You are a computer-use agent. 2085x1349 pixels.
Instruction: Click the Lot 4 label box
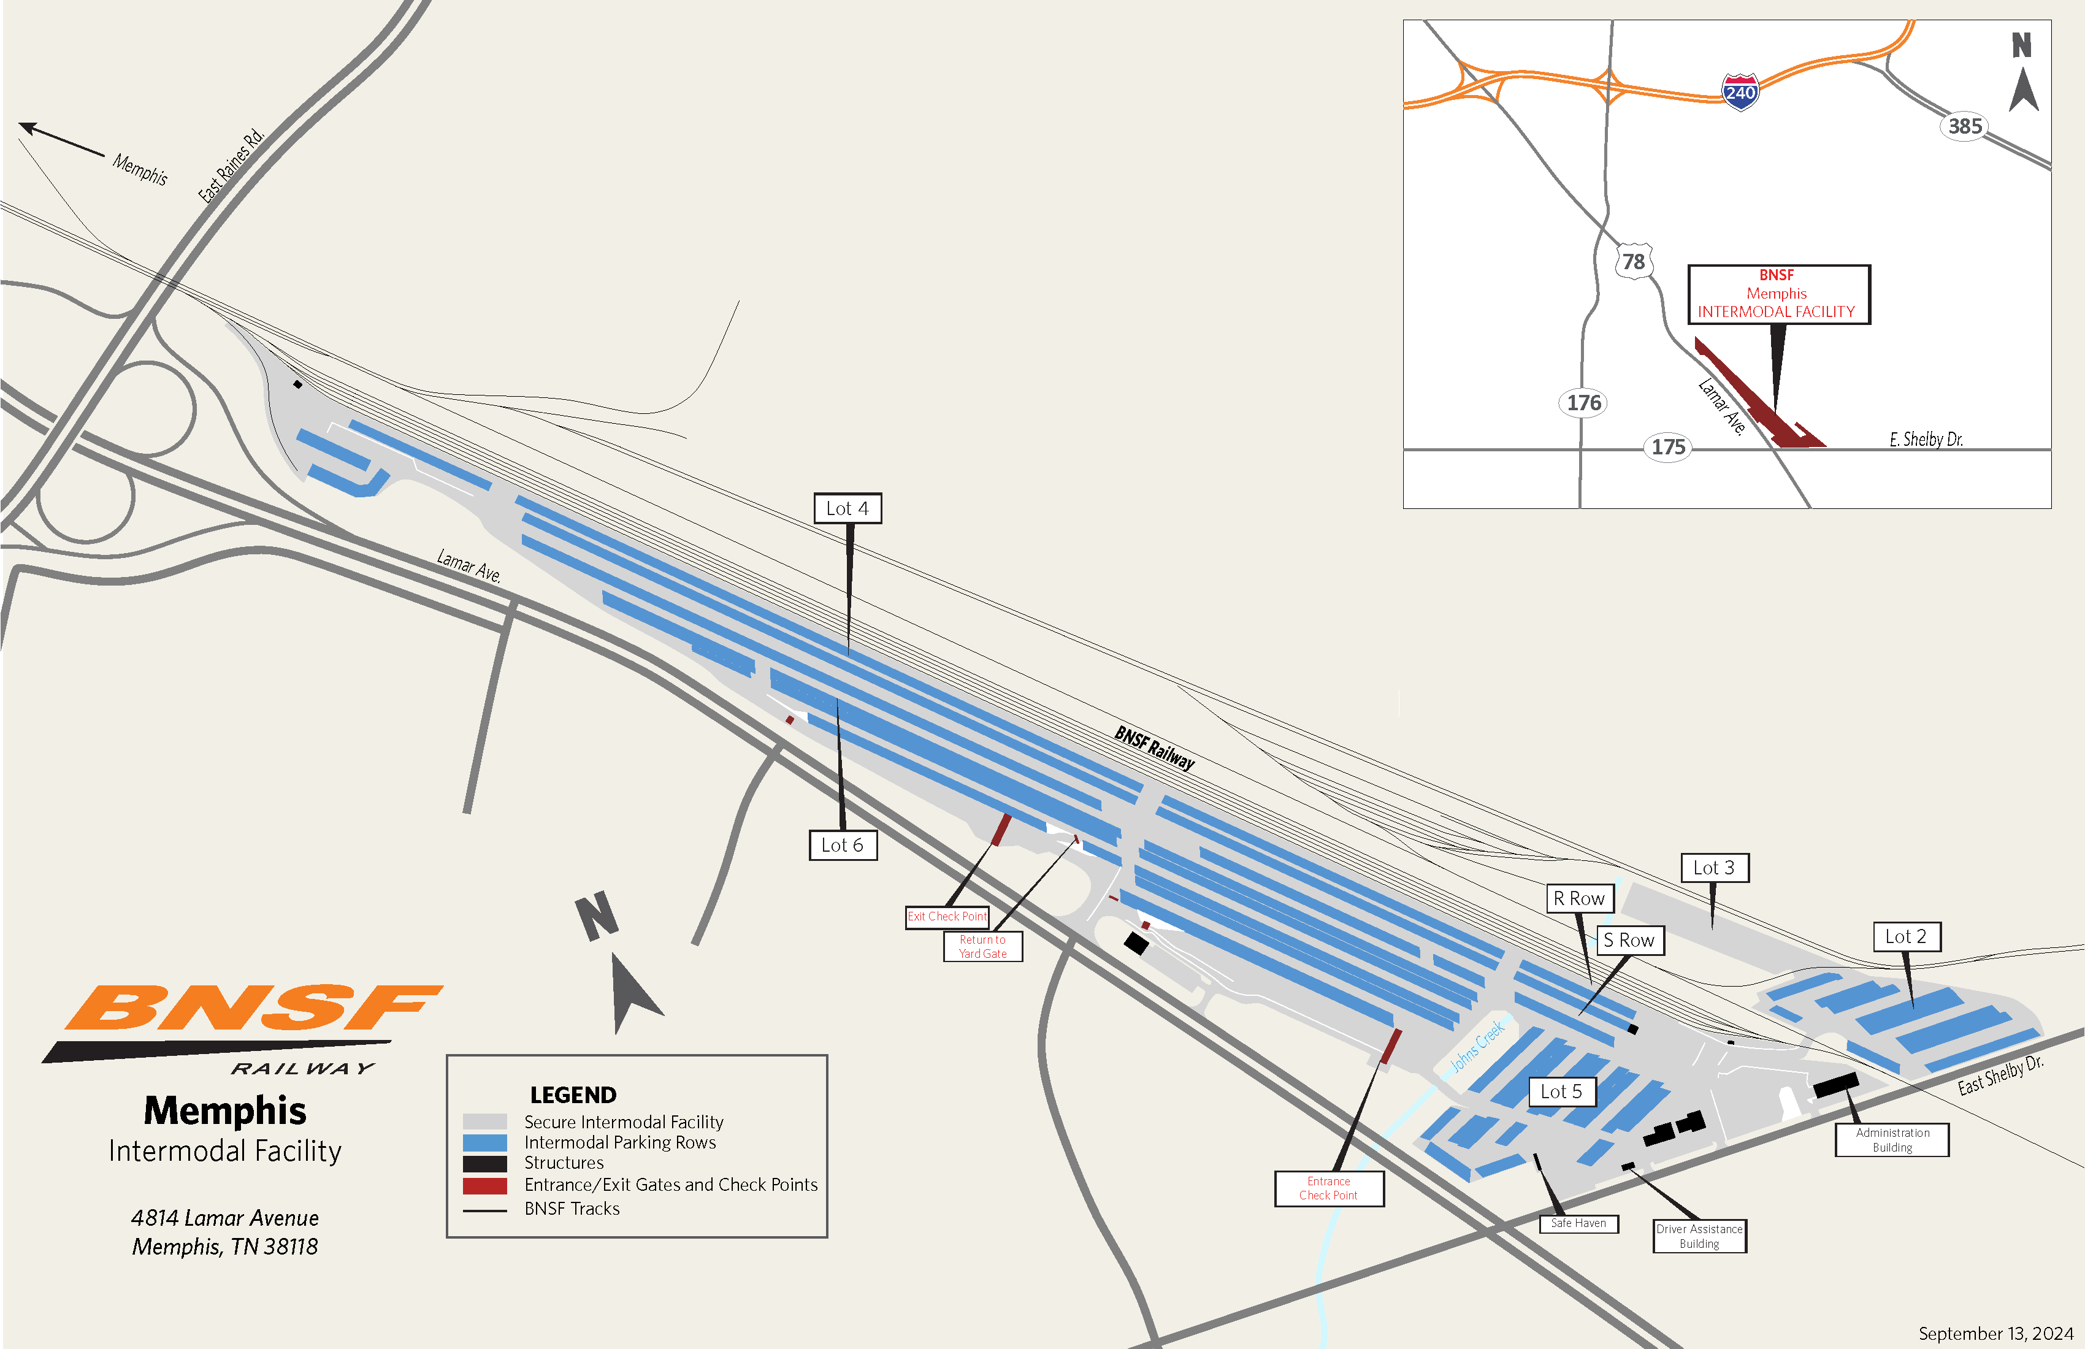coord(847,508)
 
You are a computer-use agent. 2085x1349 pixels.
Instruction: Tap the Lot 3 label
coord(1713,867)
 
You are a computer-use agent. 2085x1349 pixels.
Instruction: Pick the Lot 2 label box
coord(1907,936)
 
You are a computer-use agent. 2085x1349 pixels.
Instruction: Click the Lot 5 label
coord(1561,1091)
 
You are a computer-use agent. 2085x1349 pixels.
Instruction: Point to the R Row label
coord(1578,898)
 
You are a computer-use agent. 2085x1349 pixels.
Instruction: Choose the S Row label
coord(1629,940)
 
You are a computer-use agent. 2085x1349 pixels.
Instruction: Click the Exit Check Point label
coord(947,916)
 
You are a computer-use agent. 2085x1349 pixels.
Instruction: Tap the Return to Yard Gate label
coord(982,946)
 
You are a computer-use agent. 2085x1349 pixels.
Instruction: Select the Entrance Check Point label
coord(1328,1188)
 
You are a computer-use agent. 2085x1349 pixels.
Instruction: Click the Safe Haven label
coord(1578,1223)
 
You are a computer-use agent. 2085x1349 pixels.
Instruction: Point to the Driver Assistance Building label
coord(1699,1236)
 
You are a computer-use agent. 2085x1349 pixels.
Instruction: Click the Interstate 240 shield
coord(1740,91)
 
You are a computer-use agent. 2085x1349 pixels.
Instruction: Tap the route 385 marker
coord(1965,126)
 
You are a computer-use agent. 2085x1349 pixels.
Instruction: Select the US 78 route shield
coord(1633,261)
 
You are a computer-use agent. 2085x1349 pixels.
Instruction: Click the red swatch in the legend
coord(484,1185)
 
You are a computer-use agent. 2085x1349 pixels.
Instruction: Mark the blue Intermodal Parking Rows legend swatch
coord(484,1142)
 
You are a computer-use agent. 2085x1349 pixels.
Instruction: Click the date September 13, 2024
coord(1995,1333)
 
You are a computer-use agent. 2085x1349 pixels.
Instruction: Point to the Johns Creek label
coord(1477,1046)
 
